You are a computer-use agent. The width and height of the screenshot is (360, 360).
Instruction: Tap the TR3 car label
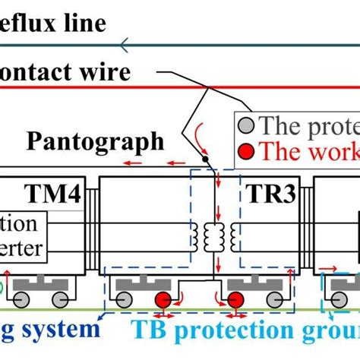pyautogui.click(x=267, y=191)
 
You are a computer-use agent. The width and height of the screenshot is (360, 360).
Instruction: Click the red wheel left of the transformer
pyautogui.click(x=163, y=301)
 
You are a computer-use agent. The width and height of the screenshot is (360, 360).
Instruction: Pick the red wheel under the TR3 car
pyautogui.click(x=235, y=301)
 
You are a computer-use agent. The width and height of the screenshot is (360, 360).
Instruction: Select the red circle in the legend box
pyautogui.click(x=245, y=150)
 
